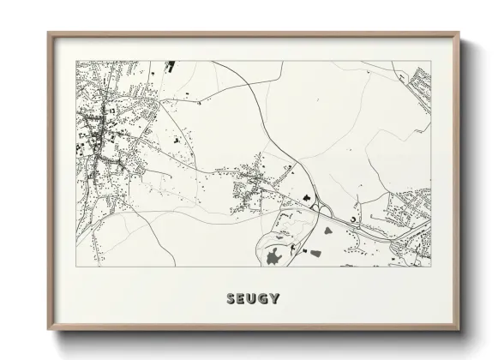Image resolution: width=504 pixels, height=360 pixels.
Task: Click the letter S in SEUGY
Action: [x=231, y=299]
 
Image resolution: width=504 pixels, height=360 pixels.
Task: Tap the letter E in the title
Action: [x=242, y=299]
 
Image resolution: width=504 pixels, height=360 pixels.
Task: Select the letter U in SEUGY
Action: [x=253, y=299]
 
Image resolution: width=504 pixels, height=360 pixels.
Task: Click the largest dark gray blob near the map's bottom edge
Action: [x=274, y=256]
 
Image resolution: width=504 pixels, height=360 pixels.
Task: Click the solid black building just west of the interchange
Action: [x=305, y=196]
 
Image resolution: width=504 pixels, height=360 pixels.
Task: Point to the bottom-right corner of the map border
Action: [x=430, y=266]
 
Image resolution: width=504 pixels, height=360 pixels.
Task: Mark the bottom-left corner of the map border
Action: [x=77, y=266]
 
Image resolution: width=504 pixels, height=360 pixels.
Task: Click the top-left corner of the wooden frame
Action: [x=48, y=33]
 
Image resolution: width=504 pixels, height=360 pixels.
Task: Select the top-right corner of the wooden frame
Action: [x=459, y=33]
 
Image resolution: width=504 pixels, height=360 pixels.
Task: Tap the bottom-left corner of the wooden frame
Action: [x=48, y=331]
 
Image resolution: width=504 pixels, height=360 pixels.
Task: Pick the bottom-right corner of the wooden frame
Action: [x=459, y=331]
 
